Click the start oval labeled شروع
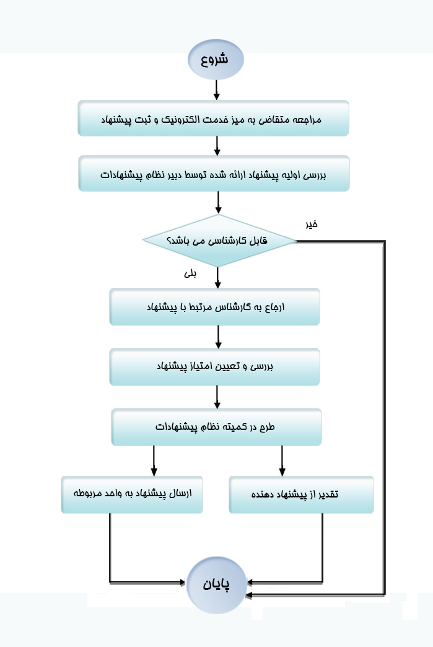[216, 60]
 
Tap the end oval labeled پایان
[216, 585]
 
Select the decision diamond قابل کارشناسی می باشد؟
[219, 241]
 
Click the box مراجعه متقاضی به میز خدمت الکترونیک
[214, 118]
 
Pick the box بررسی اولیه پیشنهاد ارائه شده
[214, 173]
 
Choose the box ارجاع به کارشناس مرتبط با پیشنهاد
[215, 306]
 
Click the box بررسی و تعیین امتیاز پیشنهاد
[215, 367]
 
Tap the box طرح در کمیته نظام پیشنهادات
[216, 427]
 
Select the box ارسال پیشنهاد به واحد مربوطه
[132, 494]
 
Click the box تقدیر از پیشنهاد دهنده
[301, 495]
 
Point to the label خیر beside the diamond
[312, 224]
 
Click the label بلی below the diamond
[190, 273]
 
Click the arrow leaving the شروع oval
[216, 90]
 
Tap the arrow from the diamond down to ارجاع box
[218, 278]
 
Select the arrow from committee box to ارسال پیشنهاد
[154, 461]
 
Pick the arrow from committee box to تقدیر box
[282, 461]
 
